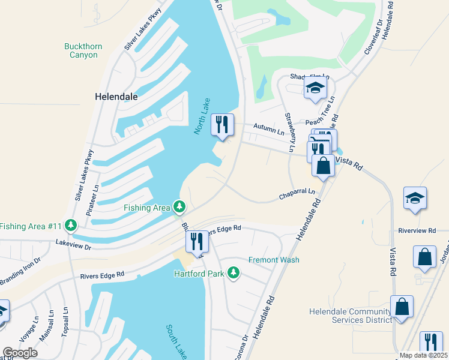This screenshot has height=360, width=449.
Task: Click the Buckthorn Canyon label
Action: pyautogui.click(x=80, y=50)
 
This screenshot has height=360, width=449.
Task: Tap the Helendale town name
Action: pyautogui.click(x=116, y=96)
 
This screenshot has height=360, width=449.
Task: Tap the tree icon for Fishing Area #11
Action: pyautogui.click(x=71, y=226)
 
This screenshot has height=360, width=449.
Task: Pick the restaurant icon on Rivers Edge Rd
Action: pyautogui.click(x=197, y=241)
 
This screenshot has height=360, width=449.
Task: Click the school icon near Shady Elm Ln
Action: pyautogui.click(x=315, y=88)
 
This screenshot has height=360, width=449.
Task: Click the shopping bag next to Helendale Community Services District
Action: pyautogui.click(x=402, y=306)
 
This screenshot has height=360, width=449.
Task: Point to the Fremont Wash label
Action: pyautogui.click(x=274, y=260)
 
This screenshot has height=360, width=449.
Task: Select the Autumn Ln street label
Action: pyautogui.click(x=268, y=128)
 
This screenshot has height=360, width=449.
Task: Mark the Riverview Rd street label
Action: pyautogui.click(x=416, y=231)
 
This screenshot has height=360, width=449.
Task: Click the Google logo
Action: pyautogui.click(x=20, y=352)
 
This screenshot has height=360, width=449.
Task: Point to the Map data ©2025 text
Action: pyautogui.click(x=423, y=355)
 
